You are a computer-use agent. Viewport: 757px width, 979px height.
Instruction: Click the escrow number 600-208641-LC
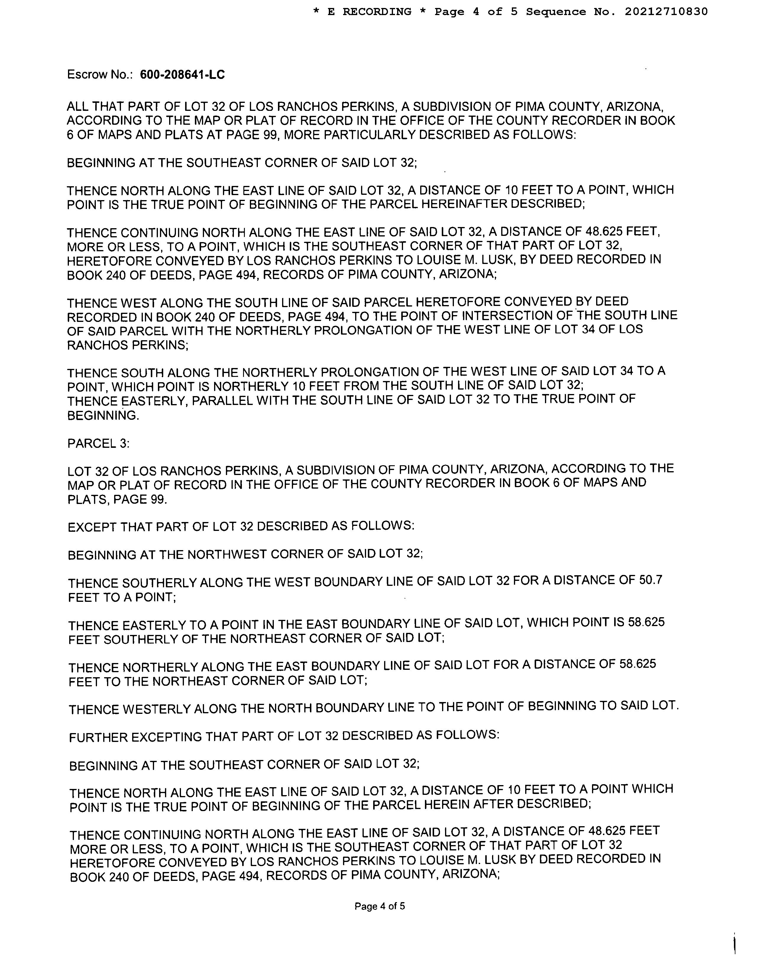(182, 74)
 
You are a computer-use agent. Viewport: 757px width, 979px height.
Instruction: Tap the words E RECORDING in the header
(369, 12)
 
